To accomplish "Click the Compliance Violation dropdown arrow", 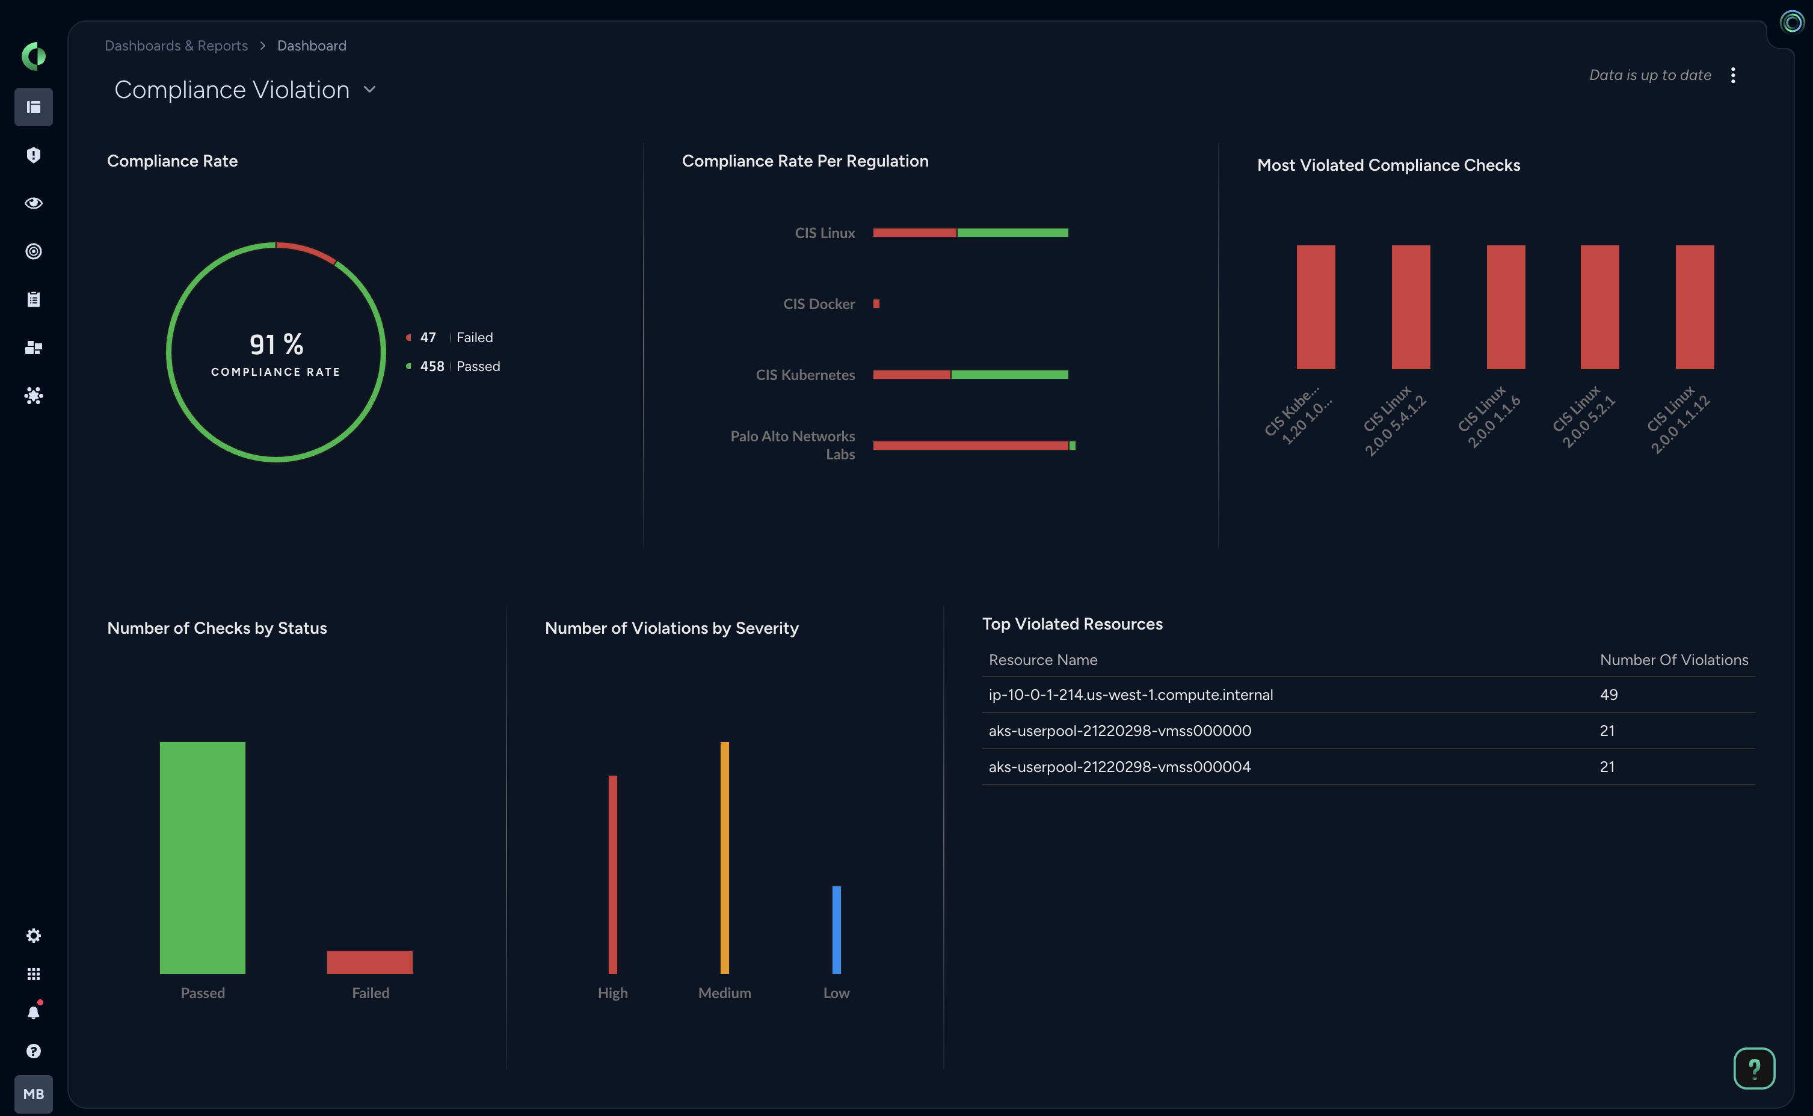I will click(370, 90).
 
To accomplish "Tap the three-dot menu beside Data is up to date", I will click(1732, 75).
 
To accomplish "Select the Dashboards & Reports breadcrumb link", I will click(176, 46).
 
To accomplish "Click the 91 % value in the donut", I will click(276, 344).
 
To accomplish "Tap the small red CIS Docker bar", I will click(876, 304).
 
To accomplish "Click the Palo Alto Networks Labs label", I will click(792, 445).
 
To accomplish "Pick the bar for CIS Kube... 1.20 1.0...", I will click(1316, 307).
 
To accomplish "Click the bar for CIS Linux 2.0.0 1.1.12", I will click(1694, 307).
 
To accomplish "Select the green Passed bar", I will click(202, 857).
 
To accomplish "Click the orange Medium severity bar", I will click(724, 857).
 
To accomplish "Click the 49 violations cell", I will click(1608, 694).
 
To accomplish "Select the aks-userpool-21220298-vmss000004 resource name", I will click(1119, 767).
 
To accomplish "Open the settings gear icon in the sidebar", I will click(33, 936).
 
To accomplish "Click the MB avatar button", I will click(33, 1094).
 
